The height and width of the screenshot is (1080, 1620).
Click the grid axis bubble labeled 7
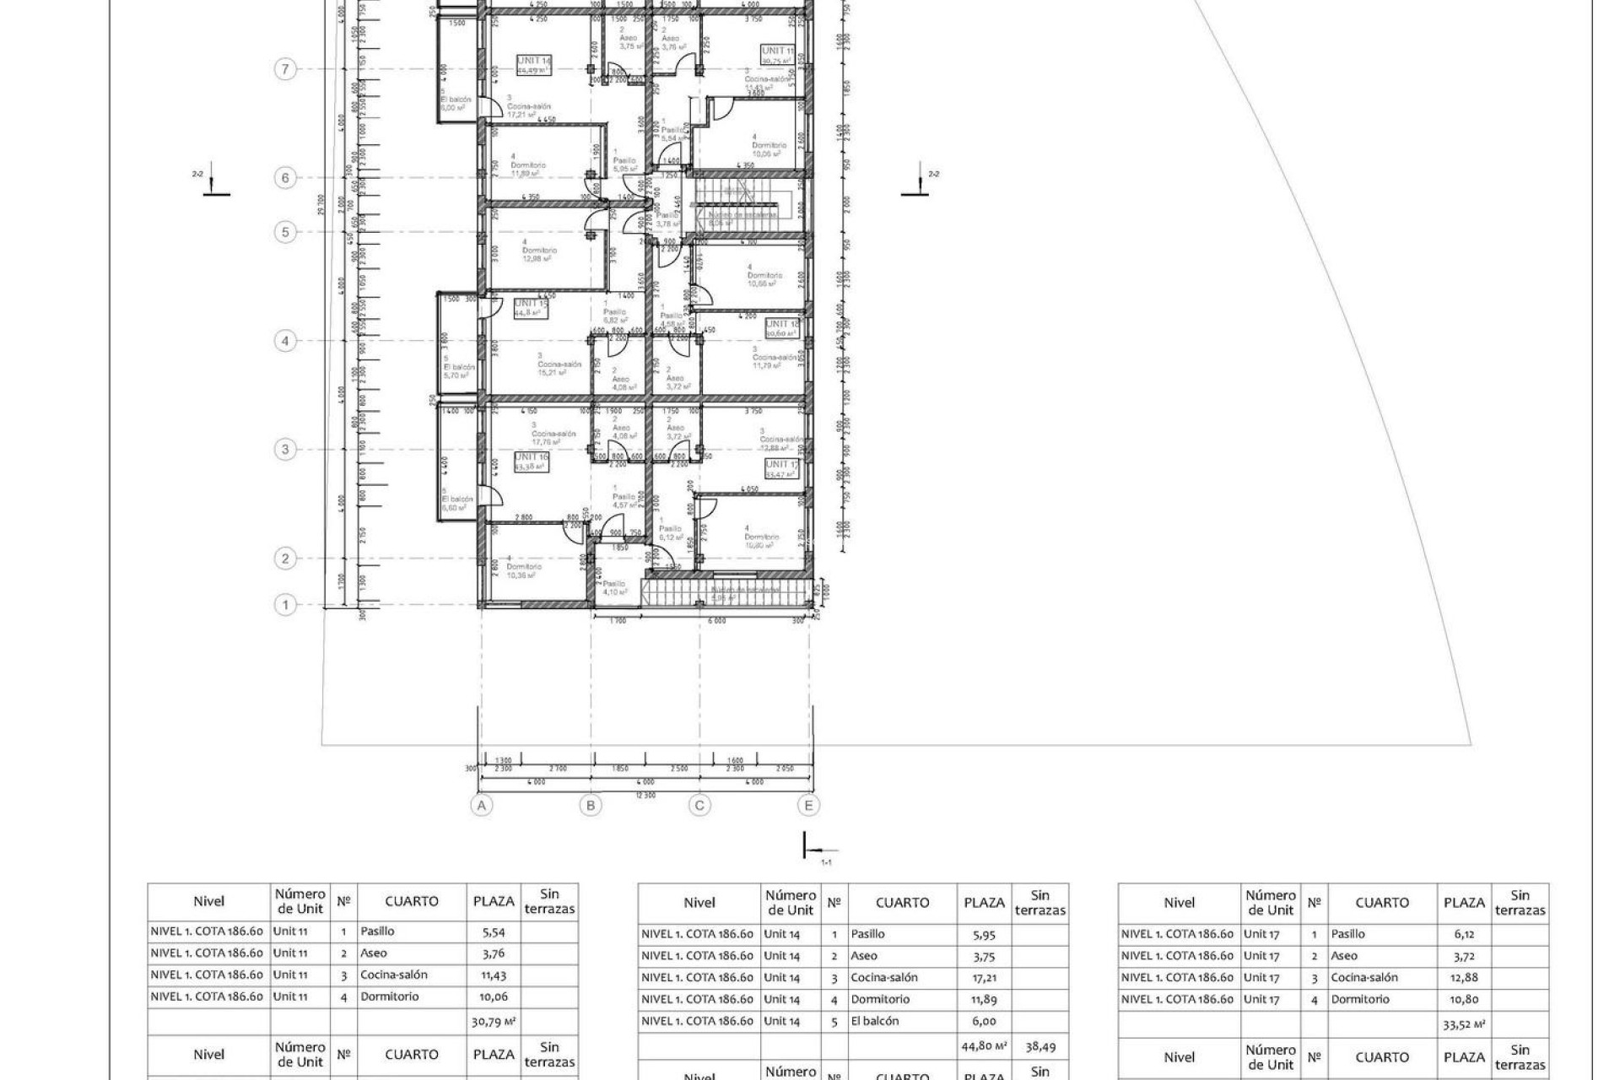click(x=286, y=69)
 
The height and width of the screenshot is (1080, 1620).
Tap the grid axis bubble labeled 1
click(x=286, y=605)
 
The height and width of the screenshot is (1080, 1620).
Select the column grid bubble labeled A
click(x=482, y=806)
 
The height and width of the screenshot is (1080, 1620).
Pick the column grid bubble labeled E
click(x=808, y=806)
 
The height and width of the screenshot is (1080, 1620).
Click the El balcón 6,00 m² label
click(x=456, y=102)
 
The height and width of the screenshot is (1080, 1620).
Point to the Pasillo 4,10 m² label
click(x=614, y=586)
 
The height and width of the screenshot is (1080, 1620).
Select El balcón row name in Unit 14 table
click(x=874, y=1021)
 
